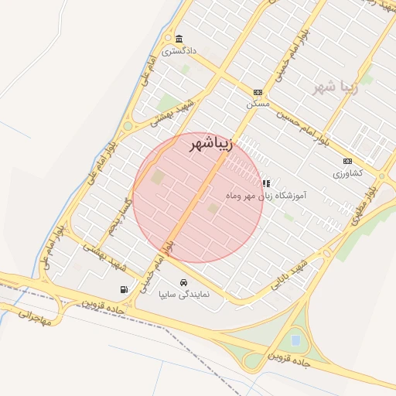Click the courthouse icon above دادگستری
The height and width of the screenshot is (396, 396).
click(179, 39)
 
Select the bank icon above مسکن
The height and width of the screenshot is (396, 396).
click(258, 92)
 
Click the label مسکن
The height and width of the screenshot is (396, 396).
click(258, 103)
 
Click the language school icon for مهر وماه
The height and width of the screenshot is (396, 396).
click(266, 183)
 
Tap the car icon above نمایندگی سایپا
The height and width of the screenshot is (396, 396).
click(183, 282)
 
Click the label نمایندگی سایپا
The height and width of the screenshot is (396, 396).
click(183, 295)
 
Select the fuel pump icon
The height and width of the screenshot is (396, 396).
click(124, 290)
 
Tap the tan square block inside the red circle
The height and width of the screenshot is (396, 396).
click(158, 177)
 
